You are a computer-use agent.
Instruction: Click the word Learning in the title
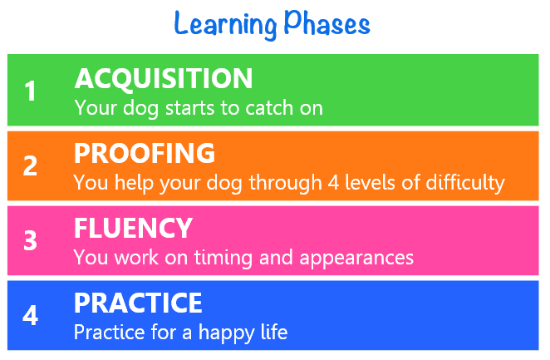coord(225,25)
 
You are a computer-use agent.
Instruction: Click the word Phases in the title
coord(327,22)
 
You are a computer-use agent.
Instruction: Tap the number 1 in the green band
coord(31,91)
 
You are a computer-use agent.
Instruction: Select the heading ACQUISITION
coord(164,78)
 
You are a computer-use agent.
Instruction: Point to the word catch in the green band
coord(269,107)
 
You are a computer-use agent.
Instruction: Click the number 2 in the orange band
coord(30,165)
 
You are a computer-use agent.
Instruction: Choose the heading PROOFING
coord(145,153)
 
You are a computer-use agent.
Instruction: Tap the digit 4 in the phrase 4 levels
coord(333,182)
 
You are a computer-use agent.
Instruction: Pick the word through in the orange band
coord(285,183)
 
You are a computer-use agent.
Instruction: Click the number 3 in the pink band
coord(30,240)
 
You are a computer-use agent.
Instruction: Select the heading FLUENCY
coord(133,228)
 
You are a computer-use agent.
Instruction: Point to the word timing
coord(223,258)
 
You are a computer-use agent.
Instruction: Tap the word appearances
coord(356,259)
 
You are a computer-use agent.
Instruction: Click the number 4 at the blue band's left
coord(30,315)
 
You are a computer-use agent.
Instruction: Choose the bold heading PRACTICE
coord(138,303)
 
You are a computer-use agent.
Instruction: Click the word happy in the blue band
coord(226,333)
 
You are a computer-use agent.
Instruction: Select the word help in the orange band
coord(134,183)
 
